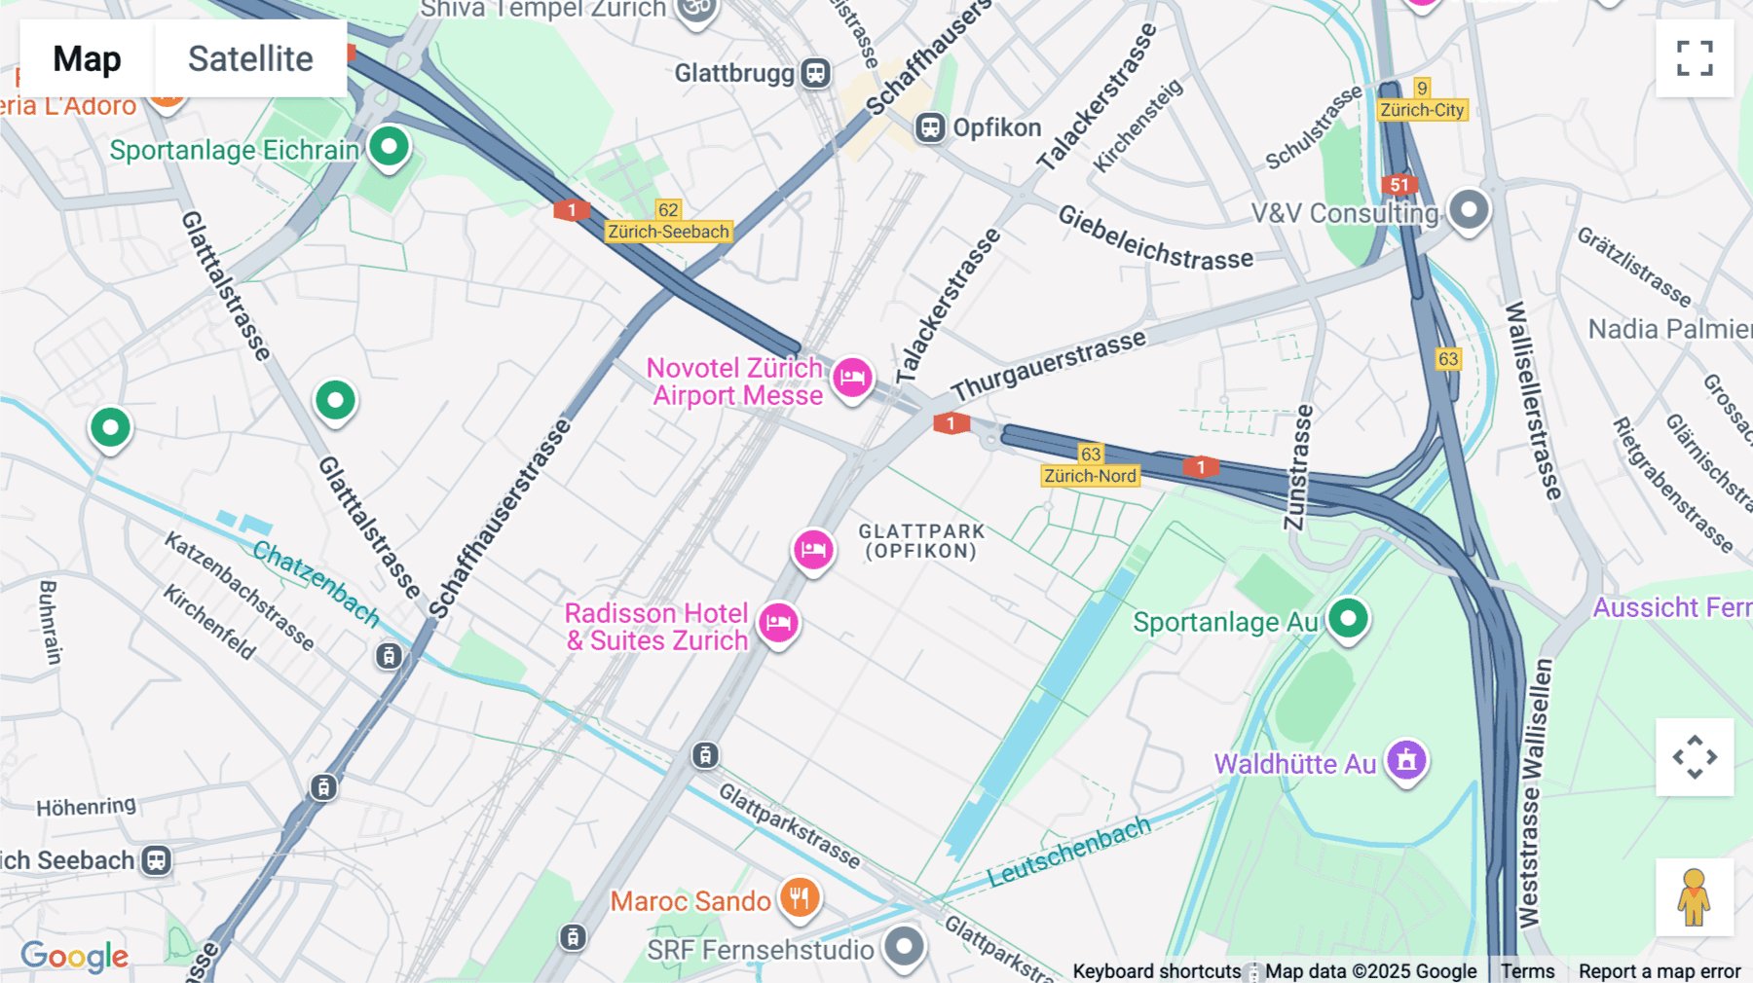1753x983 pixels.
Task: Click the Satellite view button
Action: click(x=250, y=58)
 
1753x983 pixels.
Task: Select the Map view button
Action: click(x=87, y=58)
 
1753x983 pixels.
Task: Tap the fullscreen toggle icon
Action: click(x=1695, y=58)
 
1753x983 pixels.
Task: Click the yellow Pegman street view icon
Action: click(x=1694, y=897)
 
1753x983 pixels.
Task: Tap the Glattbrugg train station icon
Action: click(x=815, y=73)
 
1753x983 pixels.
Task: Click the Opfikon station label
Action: click(x=996, y=127)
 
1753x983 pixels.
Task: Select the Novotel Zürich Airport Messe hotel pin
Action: click(x=852, y=378)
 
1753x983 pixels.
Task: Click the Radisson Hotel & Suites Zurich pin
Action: click(x=779, y=623)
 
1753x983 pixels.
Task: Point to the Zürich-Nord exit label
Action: click(x=1090, y=476)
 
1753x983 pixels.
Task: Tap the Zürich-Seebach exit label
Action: click(x=668, y=232)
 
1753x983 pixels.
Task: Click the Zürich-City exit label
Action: click(x=1422, y=110)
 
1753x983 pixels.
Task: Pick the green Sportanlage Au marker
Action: click(x=1348, y=618)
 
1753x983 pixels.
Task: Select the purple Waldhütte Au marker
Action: click(x=1406, y=760)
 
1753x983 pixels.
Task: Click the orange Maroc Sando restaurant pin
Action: click(x=800, y=898)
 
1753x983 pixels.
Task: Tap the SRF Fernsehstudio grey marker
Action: click(x=905, y=946)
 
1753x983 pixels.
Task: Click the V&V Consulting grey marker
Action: click(x=1469, y=209)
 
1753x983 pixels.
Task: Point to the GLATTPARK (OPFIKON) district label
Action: click(x=921, y=541)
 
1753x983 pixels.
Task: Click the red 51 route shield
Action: click(x=1399, y=185)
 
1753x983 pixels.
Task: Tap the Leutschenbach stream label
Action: click(x=1068, y=853)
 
